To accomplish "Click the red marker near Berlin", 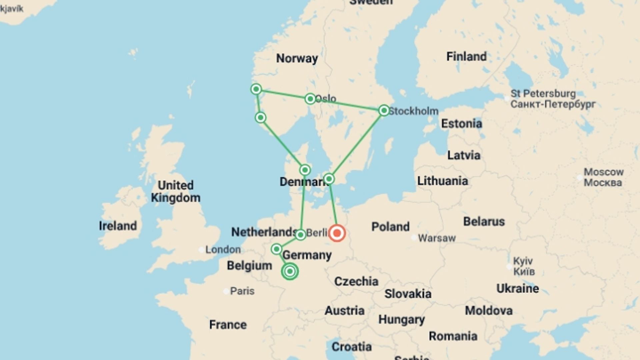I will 337,233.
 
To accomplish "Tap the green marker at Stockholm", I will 384,110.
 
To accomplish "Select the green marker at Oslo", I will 310,99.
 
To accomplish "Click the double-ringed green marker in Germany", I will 290,271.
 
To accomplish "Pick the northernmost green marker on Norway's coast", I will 256,89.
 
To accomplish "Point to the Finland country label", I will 466,57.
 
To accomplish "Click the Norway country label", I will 297,58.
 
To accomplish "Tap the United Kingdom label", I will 176,191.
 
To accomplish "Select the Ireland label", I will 118,226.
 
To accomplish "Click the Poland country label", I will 390,227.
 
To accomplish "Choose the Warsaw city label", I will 436,238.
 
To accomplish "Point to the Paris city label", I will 242,291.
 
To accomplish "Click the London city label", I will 223,249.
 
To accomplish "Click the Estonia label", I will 461,124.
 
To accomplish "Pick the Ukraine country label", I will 517,288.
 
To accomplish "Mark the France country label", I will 228,325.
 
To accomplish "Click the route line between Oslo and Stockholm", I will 347,104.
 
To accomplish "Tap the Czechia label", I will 356,281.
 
